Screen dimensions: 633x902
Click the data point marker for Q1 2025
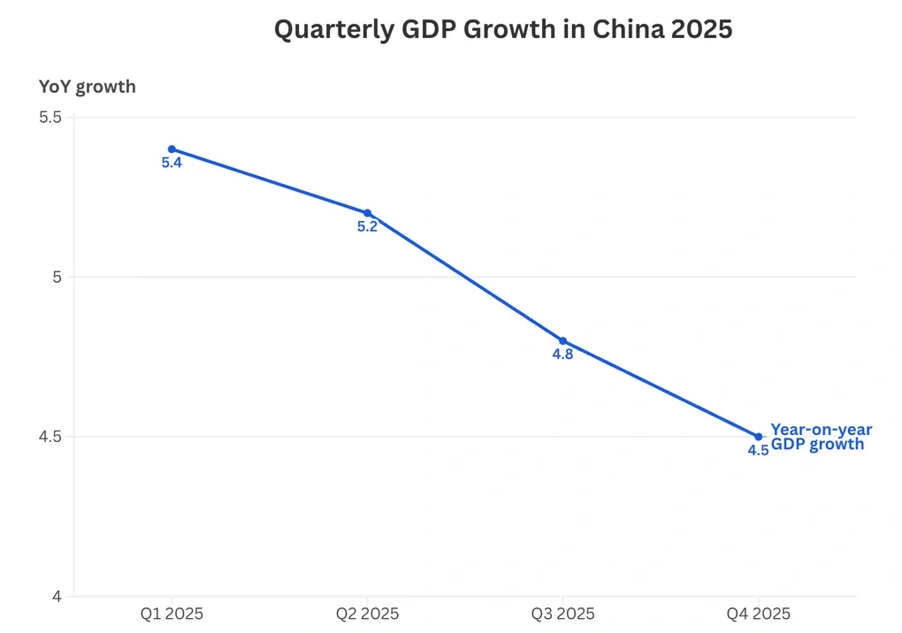click(172, 149)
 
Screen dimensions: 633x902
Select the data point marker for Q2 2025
click(367, 213)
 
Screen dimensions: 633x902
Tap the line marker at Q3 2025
click(562, 341)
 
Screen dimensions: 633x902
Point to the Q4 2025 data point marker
click(758, 437)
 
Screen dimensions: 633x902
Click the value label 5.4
click(172, 164)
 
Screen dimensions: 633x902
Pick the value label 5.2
click(367, 227)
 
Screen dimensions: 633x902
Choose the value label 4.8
click(562, 355)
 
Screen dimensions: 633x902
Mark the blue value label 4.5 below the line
click(758, 451)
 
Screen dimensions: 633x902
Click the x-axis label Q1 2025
click(172, 614)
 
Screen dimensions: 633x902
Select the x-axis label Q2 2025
click(367, 614)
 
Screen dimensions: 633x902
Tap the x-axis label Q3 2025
click(562, 614)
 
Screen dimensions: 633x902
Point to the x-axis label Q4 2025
click(758, 614)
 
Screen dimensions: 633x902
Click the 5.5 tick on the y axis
click(50, 118)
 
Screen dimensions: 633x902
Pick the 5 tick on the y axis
click(57, 277)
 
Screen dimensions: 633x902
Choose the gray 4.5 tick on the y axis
click(50, 437)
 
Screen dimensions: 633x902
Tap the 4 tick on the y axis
click(57, 597)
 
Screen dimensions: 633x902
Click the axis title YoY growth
click(88, 87)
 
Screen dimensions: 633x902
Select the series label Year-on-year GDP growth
click(821, 437)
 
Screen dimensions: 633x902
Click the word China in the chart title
click(629, 29)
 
